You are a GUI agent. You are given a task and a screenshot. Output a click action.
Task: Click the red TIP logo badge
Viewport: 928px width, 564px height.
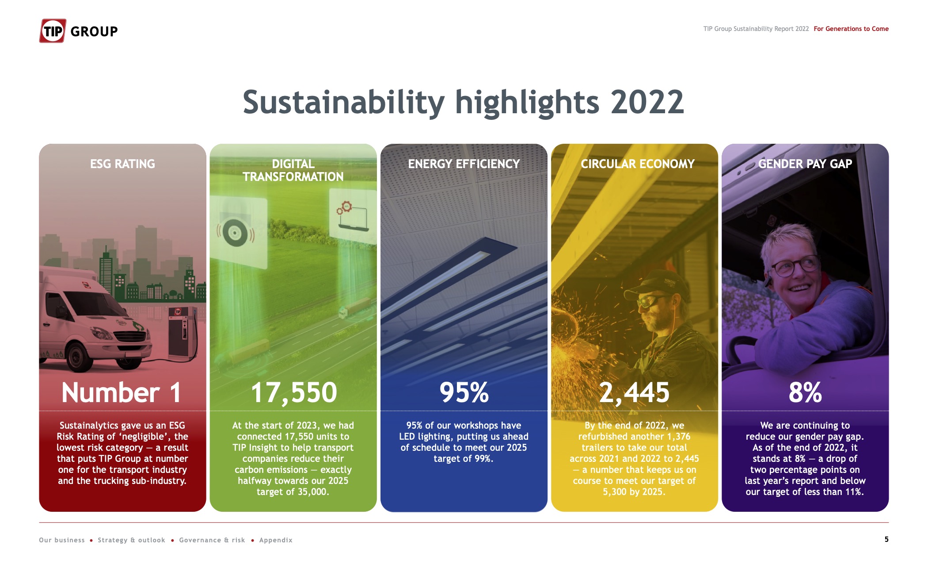[x=53, y=31]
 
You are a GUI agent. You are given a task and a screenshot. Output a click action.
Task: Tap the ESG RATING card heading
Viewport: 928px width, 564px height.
[x=122, y=164]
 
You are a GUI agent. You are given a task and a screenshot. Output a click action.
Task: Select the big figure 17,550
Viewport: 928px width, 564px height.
[x=294, y=393]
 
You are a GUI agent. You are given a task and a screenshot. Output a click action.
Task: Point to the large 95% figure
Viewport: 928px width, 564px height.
[x=464, y=392]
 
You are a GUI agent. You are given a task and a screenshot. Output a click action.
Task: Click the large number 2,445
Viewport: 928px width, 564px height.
[x=634, y=393]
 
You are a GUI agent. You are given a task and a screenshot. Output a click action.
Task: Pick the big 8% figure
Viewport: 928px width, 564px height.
[x=805, y=392]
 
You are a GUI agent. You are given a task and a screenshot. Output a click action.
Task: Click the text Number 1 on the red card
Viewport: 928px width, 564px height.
[x=122, y=392]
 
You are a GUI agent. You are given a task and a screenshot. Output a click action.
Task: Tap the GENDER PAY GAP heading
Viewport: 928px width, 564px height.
[x=805, y=164]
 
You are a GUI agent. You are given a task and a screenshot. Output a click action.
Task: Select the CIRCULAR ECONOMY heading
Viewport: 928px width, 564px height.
[x=637, y=164]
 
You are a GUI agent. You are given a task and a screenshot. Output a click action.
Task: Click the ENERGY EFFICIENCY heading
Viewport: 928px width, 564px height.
[x=464, y=164]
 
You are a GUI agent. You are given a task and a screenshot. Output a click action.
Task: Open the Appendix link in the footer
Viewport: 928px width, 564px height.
[x=276, y=540]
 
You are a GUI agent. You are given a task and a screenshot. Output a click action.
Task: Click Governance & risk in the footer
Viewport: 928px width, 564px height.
[x=212, y=540]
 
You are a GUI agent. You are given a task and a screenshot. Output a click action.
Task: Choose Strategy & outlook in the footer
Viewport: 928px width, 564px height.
[x=131, y=540]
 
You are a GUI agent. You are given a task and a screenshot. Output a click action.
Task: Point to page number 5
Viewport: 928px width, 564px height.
[x=886, y=539]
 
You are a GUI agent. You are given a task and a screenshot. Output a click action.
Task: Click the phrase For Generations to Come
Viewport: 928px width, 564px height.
[x=851, y=29]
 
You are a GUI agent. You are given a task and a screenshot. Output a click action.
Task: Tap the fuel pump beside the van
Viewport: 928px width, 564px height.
[x=183, y=332]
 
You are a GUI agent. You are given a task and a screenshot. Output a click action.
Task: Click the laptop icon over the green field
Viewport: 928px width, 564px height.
[x=352, y=218]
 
